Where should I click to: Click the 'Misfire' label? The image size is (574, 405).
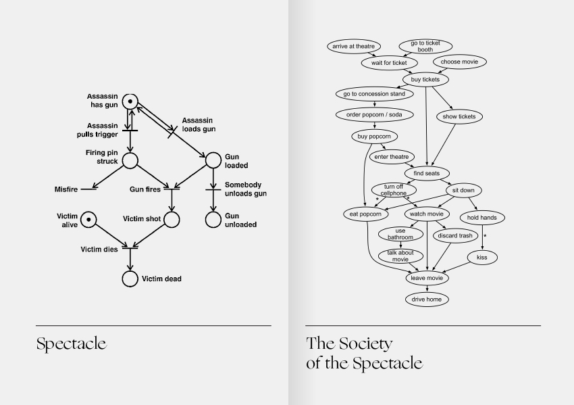point(66,189)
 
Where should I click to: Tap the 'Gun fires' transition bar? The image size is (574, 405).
point(172,189)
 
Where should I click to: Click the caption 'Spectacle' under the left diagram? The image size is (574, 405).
point(72,343)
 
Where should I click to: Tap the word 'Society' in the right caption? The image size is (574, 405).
point(366,343)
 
